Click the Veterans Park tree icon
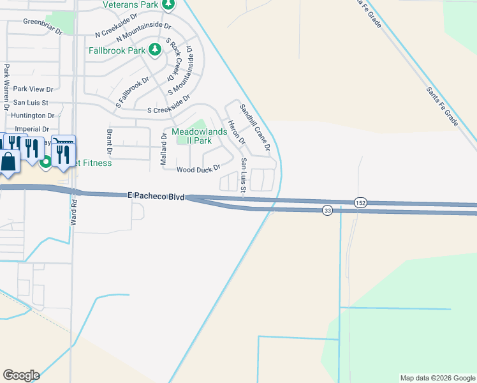coord(168,6)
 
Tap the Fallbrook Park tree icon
coord(154,49)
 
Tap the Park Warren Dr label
coord(6,84)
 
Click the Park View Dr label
coord(33,89)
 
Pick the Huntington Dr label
coord(33,116)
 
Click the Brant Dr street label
coord(110,143)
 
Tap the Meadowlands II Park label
coord(200,136)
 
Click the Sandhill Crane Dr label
coord(255,128)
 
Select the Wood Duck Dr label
coord(198,169)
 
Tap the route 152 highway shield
coord(360,202)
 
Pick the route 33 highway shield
coord(327,211)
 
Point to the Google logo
coord(21,375)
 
